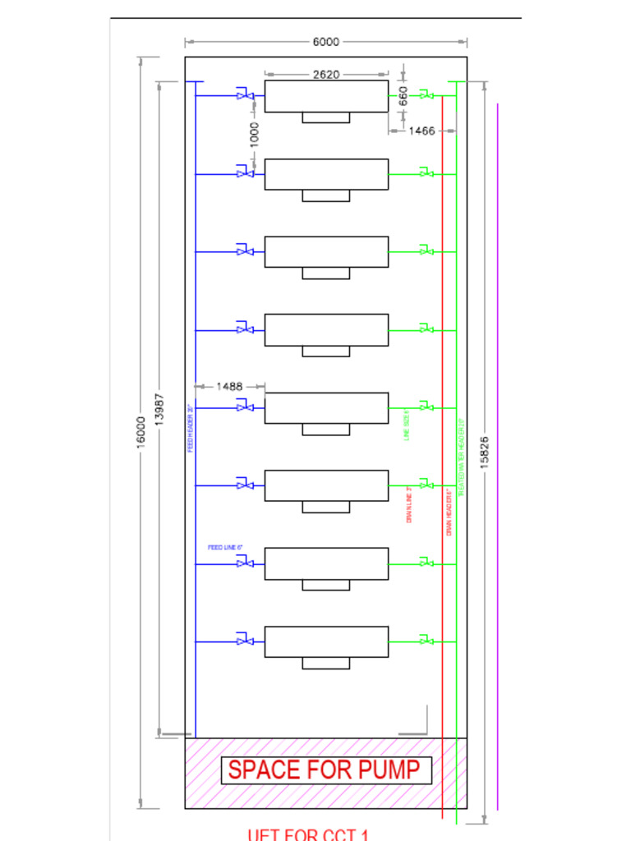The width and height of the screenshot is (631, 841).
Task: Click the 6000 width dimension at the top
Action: [326, 42]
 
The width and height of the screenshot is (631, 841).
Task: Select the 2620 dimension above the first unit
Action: [326, 75]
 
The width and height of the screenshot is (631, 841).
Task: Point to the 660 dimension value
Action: [403, 96]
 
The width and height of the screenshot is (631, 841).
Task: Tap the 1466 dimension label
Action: [421, 131]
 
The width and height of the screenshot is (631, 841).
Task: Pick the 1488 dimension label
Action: [230, 386]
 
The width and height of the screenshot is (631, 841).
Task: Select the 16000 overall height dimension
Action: [140, 432]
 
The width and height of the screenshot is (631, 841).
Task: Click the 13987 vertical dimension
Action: [160, 409]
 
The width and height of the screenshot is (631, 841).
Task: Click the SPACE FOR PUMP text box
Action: [326, 770]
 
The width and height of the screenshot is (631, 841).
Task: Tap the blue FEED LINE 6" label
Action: [225, 547]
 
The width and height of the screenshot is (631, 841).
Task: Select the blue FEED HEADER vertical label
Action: [190, 429]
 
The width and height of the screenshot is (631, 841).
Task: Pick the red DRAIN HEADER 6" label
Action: [449, 512]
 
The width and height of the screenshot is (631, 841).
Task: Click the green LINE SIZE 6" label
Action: [407, 426]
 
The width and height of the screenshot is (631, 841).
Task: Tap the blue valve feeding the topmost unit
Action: [245, 95]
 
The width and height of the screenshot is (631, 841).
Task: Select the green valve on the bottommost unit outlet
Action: [426, 640]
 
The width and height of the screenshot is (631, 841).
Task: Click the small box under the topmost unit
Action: [326, 117]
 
